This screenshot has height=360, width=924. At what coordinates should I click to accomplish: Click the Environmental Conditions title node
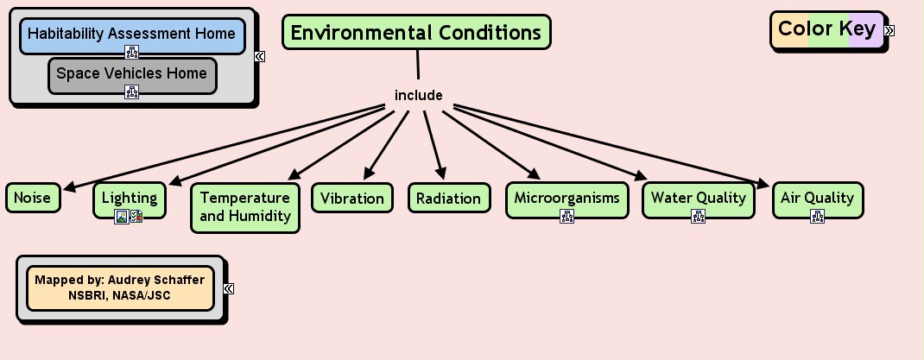(x=416, y=33)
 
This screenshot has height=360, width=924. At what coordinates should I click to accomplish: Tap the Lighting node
(x=130, y=198)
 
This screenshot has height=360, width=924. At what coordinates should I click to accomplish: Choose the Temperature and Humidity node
(x=245, y=207)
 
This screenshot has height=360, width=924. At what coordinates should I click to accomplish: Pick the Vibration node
(x=352, y=198)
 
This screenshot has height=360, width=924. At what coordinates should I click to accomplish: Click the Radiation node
(x=448, y=198)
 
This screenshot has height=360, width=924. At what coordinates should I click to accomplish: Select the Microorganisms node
(x=566, y=198)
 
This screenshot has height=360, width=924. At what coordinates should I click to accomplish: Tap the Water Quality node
(x=698, y=198)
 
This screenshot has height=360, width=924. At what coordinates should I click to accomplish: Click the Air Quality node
(x=817, y=198)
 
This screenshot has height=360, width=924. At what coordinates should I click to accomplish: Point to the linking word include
(x=418, y=95)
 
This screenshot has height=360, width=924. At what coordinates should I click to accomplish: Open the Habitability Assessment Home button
(x=131, y=34)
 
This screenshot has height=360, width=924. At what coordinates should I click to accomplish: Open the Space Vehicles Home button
(x=131, y=73)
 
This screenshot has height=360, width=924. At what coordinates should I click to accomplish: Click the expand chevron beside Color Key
(x=889, y=30)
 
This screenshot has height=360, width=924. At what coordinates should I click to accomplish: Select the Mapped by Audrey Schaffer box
(x=120, y=287)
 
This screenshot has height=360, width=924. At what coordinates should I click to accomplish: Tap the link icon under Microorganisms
(x=566, y=217)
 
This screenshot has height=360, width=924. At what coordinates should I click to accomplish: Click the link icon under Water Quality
(x=698, y=217)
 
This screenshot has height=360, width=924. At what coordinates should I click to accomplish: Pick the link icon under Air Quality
(x=817, y=217)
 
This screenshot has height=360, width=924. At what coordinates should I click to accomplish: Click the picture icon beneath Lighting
(x=123, y=217)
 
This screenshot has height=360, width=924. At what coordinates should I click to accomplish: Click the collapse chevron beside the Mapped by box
(x=228, y=288)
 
